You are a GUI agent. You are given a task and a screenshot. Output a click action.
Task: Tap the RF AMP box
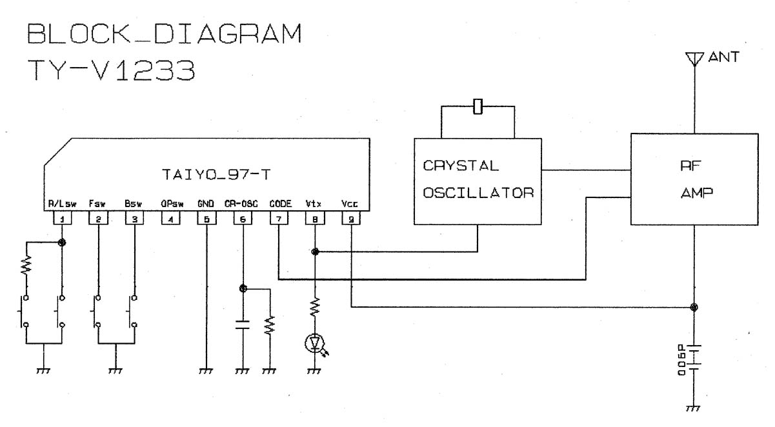pyautogui.click(x=694, y=179)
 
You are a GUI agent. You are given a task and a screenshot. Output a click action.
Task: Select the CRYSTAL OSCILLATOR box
pyautogui.click(x=478, y=181)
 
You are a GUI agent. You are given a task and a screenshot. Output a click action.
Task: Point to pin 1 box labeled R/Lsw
pyautogui.click(x=62, y=219)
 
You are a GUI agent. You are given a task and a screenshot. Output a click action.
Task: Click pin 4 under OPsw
pyautogui.click(x=170, y=219)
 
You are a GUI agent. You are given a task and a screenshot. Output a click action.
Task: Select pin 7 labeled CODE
pyautogui.click(x=278, y=219)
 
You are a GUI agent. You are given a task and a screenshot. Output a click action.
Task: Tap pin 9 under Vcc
pyautogui.click(x=350, y=219)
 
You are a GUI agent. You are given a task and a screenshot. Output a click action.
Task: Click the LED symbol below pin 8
pyautogui.click(x=315, y=344)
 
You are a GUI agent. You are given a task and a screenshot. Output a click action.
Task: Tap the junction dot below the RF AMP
pyautogui.click(x=694, y=307)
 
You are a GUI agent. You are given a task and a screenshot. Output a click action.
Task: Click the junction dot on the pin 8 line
pyautogui.click(x=315, y=251)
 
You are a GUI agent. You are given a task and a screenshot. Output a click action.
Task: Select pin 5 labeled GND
pyautogui.click(x=206, y=219)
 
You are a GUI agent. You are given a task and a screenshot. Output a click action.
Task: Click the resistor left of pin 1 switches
pyautogui.click(x=26, y=264)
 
